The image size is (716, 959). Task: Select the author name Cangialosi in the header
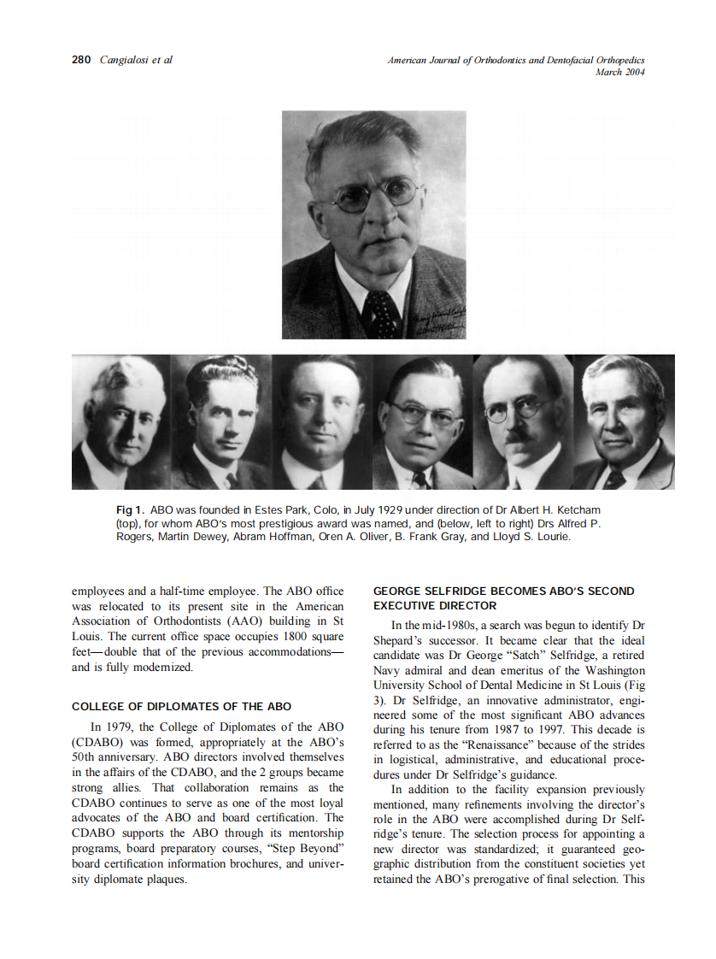click(125, 61)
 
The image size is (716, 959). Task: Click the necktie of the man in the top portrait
click(382, 313)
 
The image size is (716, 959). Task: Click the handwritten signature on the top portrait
click(444, 315)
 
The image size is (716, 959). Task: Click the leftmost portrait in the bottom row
click(120, 422)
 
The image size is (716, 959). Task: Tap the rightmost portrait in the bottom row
click(624, 422)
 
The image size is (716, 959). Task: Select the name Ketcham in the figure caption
click(576, 510)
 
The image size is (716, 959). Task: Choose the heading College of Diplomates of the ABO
click(181, 707)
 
